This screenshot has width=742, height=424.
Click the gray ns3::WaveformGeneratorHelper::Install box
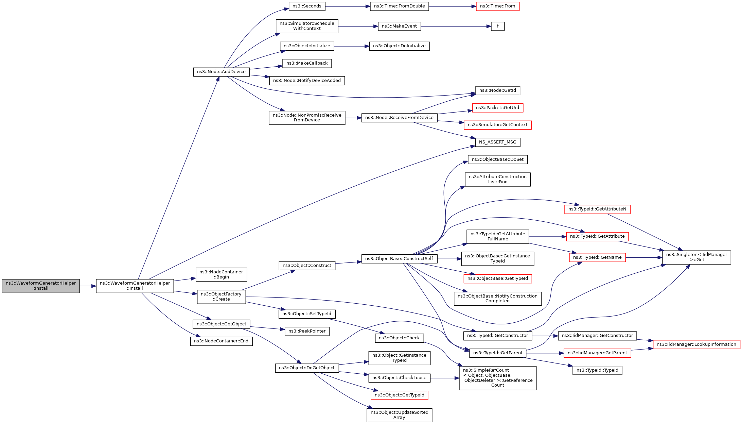[41, 286]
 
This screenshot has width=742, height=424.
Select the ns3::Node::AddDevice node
[221, 72]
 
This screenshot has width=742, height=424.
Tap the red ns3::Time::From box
[497, 6]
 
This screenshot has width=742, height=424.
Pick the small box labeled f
[497, 26]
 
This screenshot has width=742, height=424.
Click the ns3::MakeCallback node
[307, 63]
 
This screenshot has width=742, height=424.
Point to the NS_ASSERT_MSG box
[497, 142]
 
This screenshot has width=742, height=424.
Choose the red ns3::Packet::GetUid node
[497, 108]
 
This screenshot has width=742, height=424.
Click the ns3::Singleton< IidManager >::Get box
[696, 257]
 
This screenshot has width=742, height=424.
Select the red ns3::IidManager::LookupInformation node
[696, 344]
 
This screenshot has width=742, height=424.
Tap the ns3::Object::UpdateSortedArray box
[399, 415]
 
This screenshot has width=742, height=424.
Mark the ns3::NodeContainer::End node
[221, 341]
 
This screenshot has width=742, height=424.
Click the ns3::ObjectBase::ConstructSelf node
[399, 259]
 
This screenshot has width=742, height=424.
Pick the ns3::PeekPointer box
[307, 331]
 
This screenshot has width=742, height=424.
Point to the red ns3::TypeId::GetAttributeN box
[597, 209]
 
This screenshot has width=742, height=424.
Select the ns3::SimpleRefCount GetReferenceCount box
[497, 378]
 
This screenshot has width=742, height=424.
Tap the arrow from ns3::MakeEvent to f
[455, 26]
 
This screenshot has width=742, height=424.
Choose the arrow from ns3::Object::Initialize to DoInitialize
[351, 46]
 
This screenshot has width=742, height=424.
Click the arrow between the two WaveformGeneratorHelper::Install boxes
[88, 286]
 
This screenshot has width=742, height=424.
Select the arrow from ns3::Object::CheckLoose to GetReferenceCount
[444, 378]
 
